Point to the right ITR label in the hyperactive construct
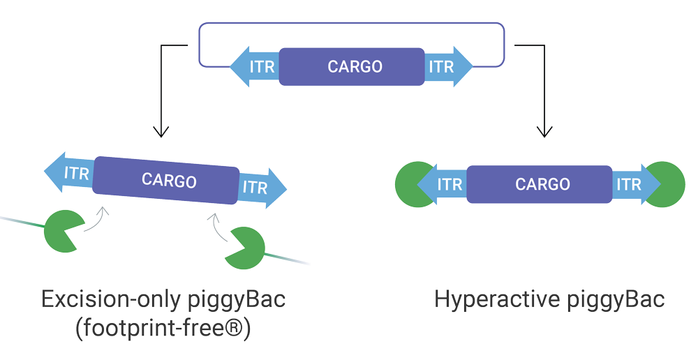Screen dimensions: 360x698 [x=629, y=184]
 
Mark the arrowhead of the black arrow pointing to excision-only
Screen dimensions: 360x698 [x=161, y=131]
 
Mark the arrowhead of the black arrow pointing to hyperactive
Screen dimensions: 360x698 [x=544, y=131]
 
